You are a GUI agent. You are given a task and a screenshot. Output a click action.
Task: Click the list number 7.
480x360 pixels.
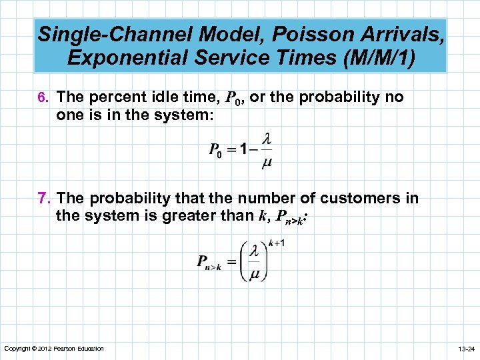(x=45, y=199)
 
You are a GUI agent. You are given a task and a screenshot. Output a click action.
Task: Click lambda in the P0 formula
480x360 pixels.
(x=268, y=139)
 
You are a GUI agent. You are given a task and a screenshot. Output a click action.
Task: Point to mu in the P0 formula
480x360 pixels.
(x=268, y=163)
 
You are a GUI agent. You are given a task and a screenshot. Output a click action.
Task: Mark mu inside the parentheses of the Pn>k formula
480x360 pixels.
(x=254, y=275)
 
